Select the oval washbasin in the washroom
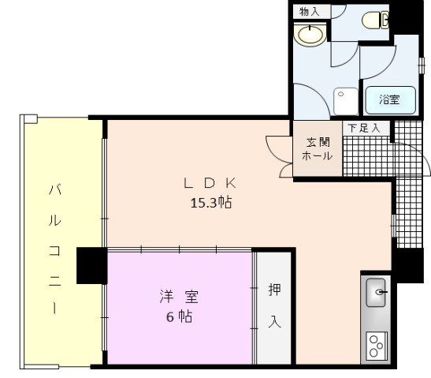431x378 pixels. [x=309, y=35]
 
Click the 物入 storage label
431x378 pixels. [x=310, y=11]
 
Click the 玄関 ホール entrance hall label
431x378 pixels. [x=318, y=149]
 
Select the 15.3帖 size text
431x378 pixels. [x=210, y=203]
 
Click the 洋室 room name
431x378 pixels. [x=179, y=298]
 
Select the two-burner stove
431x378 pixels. [x=377, y=345]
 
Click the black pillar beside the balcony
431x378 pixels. [x=91, y=265]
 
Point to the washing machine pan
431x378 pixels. [x=345, y=101]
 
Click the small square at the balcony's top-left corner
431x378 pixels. [x=29, y=119]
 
